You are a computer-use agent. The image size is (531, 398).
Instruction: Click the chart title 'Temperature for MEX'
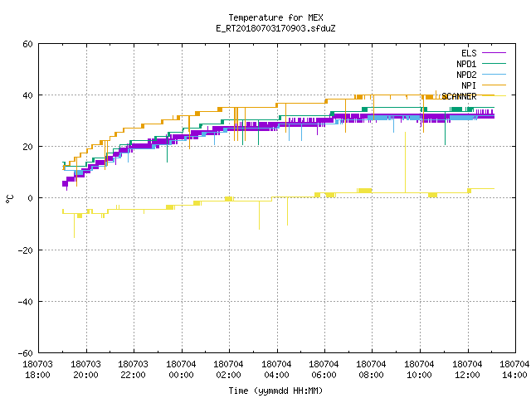click(275, 17)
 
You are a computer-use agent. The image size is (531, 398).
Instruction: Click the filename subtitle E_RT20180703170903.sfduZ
click(275, 28)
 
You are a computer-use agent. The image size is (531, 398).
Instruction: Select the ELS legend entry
click(469, 53)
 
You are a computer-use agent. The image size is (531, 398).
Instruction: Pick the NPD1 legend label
click(466, 64)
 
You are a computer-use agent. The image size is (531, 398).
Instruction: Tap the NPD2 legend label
click(466, 75)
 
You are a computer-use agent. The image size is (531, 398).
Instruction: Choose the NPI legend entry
click(469, 85)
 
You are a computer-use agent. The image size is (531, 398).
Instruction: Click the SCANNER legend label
click(459, 96)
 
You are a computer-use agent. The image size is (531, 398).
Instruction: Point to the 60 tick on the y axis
click(27, 44)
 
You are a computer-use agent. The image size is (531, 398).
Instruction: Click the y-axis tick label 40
click(27, 95)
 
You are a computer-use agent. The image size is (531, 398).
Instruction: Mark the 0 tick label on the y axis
click(30, 198)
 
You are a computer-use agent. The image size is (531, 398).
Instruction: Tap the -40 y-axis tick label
click(26, 302)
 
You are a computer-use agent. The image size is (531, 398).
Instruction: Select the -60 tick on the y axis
click(26, 353)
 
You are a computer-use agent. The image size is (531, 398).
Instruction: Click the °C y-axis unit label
click(9, 199)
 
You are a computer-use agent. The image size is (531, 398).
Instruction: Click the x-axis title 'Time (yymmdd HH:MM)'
click(275, 391)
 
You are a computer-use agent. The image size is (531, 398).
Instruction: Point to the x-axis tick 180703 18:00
click(38, 370)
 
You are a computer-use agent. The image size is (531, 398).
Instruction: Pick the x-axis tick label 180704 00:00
click(181, 370)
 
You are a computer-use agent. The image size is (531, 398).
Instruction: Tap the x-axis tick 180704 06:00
click(324, 370)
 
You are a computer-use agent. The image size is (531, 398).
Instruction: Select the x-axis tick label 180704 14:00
click(514, 370)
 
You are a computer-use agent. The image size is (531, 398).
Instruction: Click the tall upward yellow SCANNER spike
click(406, 163)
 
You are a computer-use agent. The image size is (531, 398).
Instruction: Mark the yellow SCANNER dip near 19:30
click(75, 226)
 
